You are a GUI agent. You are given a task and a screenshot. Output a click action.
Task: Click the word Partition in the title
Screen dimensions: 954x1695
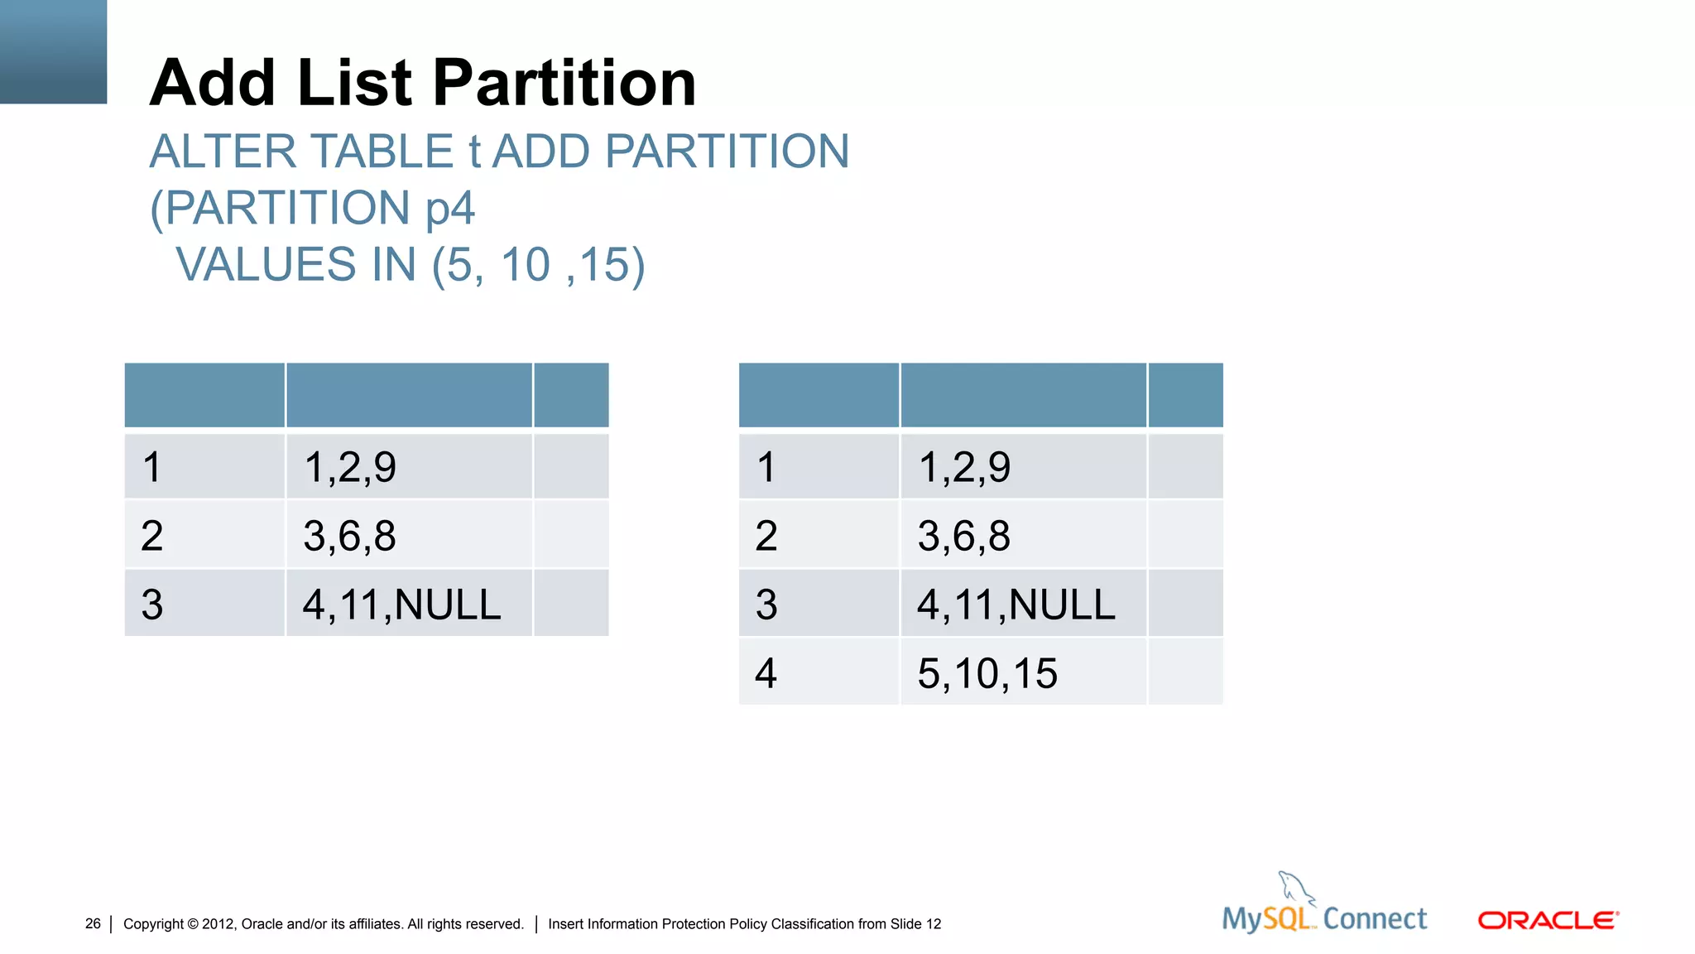564,83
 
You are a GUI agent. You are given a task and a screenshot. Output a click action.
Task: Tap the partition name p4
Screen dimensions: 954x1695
449,208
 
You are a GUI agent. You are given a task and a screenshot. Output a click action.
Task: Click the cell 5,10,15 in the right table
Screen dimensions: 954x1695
987,672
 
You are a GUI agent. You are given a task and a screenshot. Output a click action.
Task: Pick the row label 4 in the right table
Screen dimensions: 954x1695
766,672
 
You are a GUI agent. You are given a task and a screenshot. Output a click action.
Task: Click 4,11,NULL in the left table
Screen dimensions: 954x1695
401,604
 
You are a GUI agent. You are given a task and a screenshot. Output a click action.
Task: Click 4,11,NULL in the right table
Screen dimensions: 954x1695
1016,604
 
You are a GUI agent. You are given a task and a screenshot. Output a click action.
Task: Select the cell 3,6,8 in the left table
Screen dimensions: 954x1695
349,535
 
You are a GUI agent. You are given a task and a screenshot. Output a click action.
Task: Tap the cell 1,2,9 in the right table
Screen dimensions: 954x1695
964,467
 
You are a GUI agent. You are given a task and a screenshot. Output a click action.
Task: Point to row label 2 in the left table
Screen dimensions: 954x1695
151,535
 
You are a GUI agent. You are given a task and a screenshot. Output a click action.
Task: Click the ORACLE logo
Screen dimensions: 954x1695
1548,920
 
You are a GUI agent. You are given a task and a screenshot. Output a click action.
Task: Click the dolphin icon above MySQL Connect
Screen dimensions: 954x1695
1295,888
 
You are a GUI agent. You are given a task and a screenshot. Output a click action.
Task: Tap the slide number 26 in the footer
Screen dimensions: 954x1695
93,923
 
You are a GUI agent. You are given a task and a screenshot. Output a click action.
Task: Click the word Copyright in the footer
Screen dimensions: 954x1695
153,923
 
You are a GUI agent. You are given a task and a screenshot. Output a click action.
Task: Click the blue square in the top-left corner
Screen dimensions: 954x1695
53,51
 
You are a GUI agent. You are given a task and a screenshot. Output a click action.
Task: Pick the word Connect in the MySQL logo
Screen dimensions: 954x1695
1375,918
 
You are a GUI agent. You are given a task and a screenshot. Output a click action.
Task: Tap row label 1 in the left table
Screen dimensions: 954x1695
151,467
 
